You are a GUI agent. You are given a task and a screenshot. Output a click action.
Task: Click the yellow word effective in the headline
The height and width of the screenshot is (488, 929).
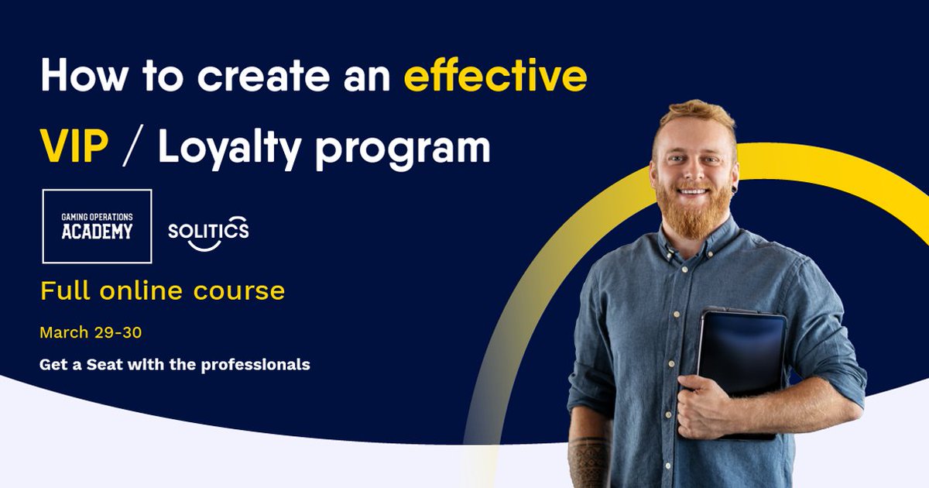[495, 77]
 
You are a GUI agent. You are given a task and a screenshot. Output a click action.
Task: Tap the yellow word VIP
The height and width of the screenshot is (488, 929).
[74, 146]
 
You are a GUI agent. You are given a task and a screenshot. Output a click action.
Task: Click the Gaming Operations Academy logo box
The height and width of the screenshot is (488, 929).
[97, 225]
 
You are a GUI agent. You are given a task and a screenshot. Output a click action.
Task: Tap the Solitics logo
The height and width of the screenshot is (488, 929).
[208, 232]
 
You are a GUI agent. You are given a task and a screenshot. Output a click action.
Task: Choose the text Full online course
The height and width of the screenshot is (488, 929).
[163, 292]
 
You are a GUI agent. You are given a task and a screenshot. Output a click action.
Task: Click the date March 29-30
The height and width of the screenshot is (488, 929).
[91, 333]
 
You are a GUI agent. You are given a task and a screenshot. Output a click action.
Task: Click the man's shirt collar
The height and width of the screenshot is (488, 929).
[674, 244]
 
